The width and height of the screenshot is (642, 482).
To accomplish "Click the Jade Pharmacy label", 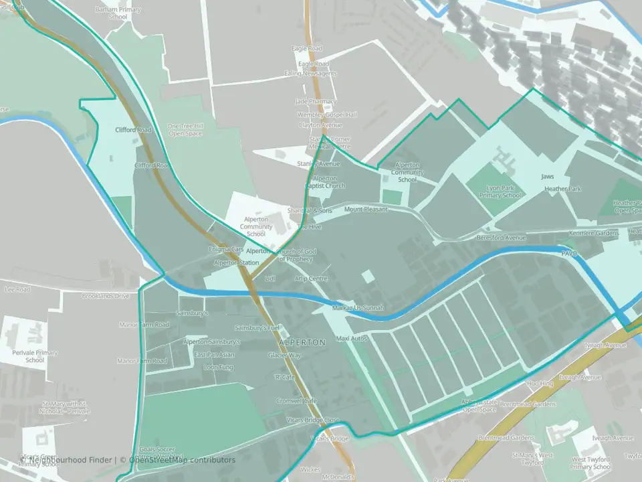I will pos(316,101).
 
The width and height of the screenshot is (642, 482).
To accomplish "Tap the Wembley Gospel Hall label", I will pos(327,114).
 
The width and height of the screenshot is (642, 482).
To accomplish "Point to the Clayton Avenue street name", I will pos(320,125).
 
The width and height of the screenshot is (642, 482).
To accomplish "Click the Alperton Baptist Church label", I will pos(325,182).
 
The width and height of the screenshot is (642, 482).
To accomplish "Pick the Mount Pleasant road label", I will pos(366,210).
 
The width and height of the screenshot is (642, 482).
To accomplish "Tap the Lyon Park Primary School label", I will pos(501,191).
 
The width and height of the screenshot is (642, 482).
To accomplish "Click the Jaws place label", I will pos(548,177).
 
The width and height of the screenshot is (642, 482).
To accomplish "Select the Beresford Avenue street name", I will pos(501,238).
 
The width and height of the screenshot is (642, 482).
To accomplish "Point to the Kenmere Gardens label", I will pos(593,233).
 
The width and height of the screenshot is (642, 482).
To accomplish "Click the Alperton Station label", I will pos(236,263).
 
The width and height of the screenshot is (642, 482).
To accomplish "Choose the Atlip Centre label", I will pos(311,278).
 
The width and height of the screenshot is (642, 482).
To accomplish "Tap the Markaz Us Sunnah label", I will pos(358,308).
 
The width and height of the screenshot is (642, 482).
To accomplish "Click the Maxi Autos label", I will pos(352,339).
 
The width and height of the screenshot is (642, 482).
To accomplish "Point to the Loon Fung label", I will pos(219,367).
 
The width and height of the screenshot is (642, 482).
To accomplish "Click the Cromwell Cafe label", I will pos(297,400).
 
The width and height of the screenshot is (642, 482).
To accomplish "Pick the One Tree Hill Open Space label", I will pos(185,130).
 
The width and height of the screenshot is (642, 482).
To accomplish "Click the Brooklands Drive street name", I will pos(106,296).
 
